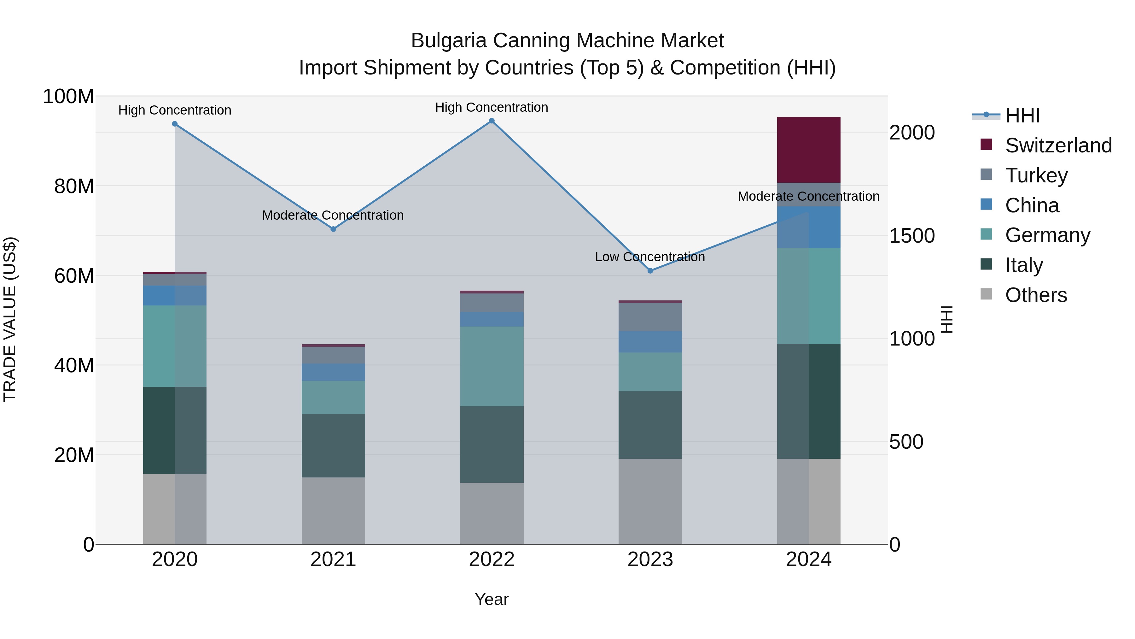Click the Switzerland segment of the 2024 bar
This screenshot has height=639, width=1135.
[x=808, y=150]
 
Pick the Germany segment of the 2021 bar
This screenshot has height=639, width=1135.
[x=333, y=397]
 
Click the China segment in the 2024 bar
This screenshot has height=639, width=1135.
[x=808, y=227]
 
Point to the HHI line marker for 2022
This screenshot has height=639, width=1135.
[x=492, y=121]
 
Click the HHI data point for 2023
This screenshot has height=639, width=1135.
[x=650, y=271]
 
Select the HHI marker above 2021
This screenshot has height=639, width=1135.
[x=333, y=229]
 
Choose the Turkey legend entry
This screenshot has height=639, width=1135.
[x=1036, y=175]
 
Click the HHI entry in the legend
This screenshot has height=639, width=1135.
[x=1022, y=115]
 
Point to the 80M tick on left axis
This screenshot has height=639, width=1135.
[x=74, y=186]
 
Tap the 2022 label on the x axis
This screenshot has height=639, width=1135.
[x=492, y=559]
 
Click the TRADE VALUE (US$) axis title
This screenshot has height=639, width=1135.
[x=10, y=319]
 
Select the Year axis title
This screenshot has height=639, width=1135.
[x=492, y=599]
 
